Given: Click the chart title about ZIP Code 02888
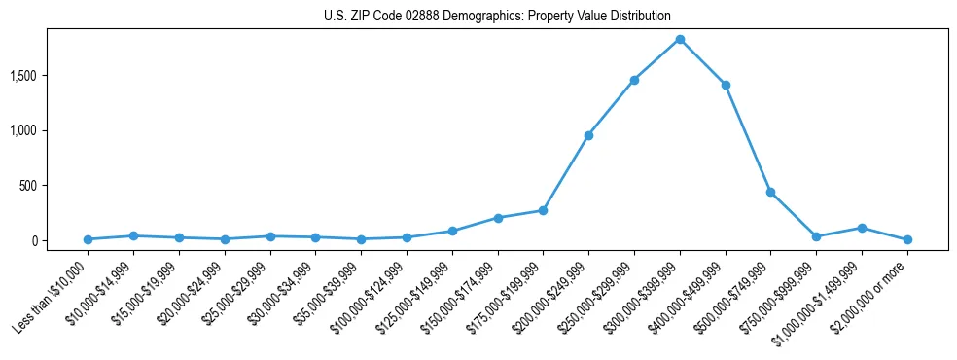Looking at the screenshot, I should (497, 16).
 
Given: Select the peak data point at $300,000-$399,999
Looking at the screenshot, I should (680, 39).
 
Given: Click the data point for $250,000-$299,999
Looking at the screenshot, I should (634, 80).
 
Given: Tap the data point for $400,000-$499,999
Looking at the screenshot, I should (726, 85).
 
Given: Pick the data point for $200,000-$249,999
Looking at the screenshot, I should (588, 135).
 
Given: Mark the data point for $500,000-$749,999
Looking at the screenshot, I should (770, 192).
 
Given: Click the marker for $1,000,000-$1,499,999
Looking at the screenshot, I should (862, 228).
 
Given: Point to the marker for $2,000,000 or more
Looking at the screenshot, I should (907, 239).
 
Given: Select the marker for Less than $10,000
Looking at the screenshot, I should (88, 239).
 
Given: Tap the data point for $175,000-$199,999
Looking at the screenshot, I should (543, 210).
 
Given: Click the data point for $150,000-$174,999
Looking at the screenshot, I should (498, 218).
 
